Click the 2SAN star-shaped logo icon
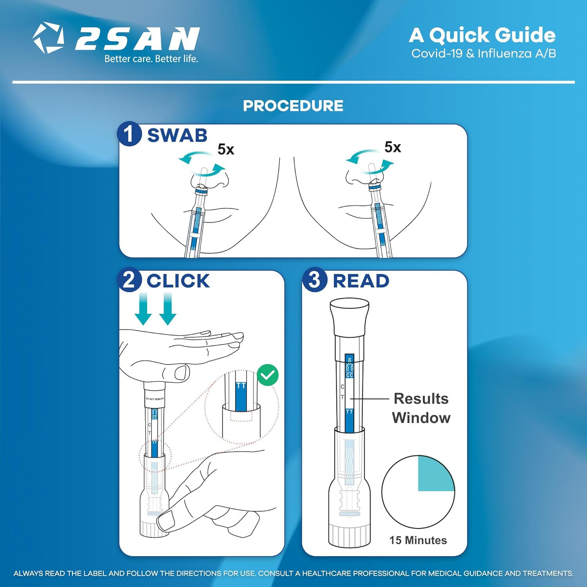48,38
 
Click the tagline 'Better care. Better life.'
151,59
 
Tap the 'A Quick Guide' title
482,35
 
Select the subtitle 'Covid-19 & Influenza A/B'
483,54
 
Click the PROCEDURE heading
293,106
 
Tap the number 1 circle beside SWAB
129,134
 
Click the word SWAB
177,135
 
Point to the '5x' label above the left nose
226,149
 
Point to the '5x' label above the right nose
393,148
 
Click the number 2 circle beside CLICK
129,280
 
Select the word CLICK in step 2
178,281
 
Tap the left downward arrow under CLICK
143,309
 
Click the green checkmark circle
268,375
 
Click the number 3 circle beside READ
314,280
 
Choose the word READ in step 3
361,281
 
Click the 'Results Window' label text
421,408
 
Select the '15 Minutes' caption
418,540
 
